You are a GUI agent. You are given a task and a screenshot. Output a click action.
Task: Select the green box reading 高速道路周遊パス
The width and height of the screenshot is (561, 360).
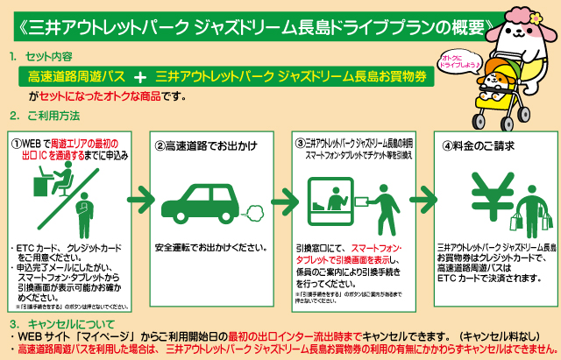tap(74, 75)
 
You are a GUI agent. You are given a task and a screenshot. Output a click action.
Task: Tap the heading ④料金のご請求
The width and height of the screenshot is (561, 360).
tap(478, 145)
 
